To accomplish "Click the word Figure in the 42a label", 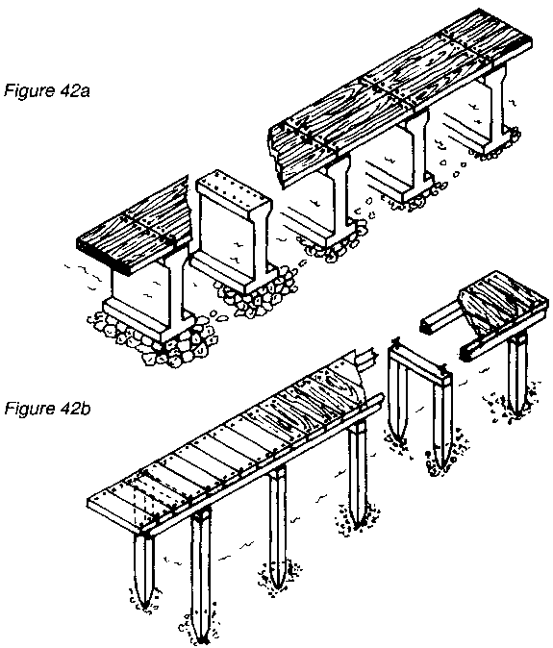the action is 30,90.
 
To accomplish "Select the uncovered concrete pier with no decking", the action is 234,233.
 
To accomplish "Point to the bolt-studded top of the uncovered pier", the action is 235,192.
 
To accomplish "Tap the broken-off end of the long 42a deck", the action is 276,157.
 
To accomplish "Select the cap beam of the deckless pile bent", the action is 419,359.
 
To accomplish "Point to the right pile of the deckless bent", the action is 441,426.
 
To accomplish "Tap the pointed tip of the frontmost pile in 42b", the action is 203,642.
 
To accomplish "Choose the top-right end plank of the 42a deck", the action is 488,36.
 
